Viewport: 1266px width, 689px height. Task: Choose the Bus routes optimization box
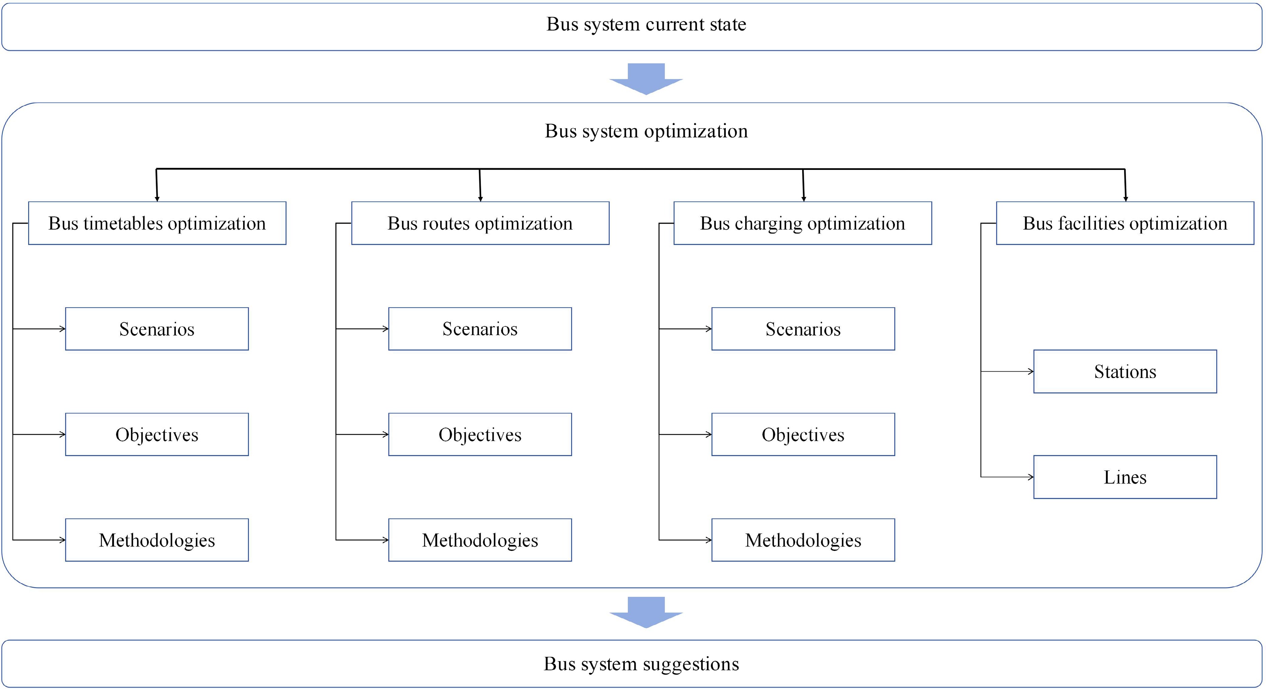point(480,223)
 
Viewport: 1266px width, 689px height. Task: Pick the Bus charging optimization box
point(802,223)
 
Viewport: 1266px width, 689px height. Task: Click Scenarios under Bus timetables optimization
point(157,329)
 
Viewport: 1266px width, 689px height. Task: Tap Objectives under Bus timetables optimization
point(157,435)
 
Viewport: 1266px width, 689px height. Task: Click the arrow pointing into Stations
point(1007,372)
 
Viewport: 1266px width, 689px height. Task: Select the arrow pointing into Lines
point(1007,477)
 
